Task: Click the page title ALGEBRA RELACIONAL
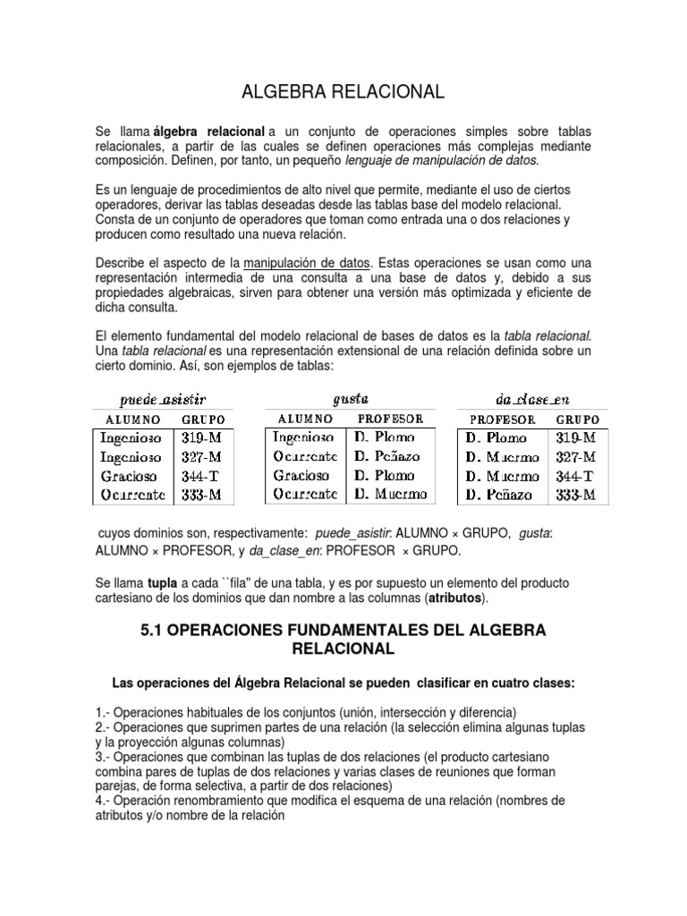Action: coord(343,91)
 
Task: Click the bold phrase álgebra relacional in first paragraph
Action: coord(208,131)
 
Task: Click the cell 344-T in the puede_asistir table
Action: coord(200,476)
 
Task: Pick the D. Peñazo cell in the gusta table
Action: coord(387,457)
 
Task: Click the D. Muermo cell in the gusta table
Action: coord(390,494)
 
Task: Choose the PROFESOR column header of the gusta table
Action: coord(391,419)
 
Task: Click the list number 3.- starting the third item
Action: coord(103,757)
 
